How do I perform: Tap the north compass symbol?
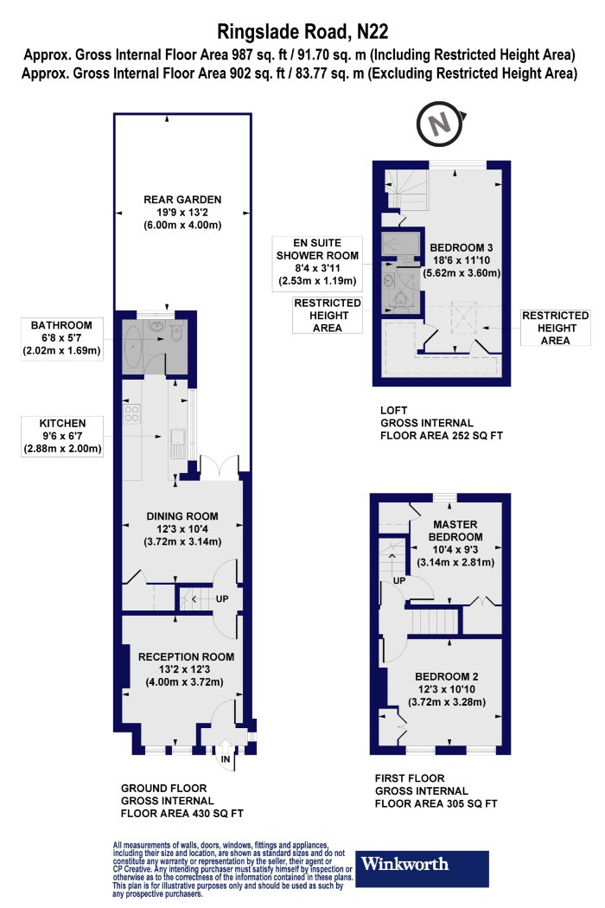click(x=441, y=124)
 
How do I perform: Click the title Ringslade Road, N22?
click(x=302, y=31)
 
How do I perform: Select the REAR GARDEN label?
click(x=182, y=199)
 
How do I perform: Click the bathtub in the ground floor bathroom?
click(x=133, y=346)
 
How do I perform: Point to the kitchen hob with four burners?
click(x=132, y=412)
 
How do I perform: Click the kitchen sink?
click(x=177, y=443)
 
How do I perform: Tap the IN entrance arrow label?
click(x=226, y=759)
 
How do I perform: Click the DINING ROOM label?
click(x=182, y=516)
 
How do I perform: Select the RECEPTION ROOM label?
click(x=186, y=656)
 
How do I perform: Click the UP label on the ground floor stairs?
click(x=222, y=598)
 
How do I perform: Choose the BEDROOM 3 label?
click(x=462, y=248)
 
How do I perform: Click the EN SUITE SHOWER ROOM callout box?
click(x=317, y=263)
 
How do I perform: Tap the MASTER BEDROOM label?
click(x=455, y=530)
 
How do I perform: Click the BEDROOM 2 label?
click(x=446, y=676)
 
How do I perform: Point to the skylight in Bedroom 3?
click(x=464, y=317)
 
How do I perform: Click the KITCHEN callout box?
click(x=62, y=436)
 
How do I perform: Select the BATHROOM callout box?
click(x=61, y=338)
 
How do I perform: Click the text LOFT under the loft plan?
click(x=394, y=410)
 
